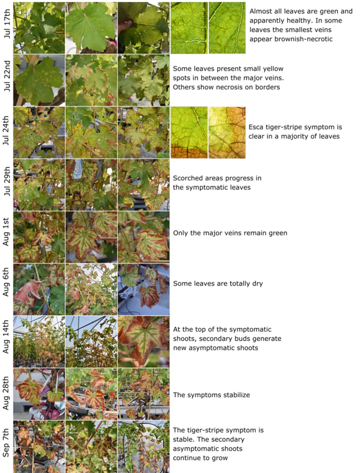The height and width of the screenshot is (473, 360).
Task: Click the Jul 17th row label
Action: coord(7,24)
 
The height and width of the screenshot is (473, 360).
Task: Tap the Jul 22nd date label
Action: coord(7,76)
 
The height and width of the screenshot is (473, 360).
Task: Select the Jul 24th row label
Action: coord(7,130)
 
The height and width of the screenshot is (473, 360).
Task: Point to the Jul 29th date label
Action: coord(7,181)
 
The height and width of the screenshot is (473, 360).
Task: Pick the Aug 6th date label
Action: coord(7,282)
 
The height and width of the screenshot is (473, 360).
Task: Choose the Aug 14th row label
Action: coord(7,337)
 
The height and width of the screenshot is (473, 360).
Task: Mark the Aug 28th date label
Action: coord(7,393)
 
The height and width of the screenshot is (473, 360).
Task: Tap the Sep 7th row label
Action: coord(7,442)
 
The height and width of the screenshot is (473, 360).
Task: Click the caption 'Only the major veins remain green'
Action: coord(230,233)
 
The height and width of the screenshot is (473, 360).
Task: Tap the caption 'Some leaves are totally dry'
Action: coord(218,284)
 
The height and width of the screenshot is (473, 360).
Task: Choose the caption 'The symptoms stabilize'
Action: coord(211,395)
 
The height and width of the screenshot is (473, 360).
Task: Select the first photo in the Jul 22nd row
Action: coord(39,80)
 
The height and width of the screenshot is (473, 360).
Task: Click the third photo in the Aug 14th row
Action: coord(144,342)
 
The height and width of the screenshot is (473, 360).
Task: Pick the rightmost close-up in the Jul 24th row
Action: coord(227,132)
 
